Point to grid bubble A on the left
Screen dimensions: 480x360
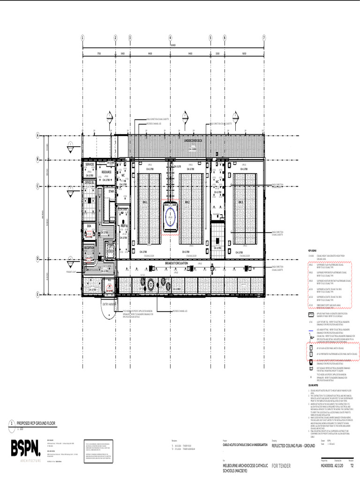click(x=37, y=136)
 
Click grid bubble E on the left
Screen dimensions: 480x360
click(x=37, y=294)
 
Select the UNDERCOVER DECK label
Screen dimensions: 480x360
click(x=193, y=140)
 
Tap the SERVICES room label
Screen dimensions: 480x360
click(x=90, y=165)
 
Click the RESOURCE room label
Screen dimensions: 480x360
click(x=106, y=172)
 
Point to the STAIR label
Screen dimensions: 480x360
click(x=111, y=191)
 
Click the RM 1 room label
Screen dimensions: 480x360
click(x=145, y=202)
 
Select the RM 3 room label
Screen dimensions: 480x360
click(x=240, y=202)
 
